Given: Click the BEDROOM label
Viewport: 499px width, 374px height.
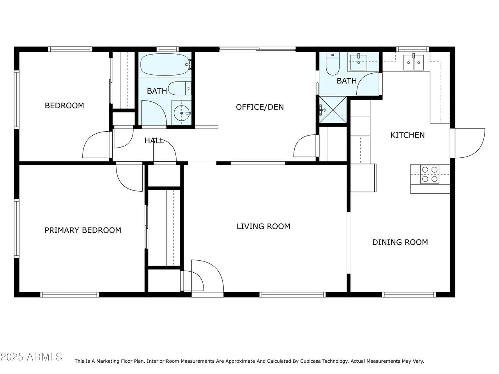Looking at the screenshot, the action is [64, 106].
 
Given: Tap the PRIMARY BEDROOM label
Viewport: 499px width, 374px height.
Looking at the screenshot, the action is [83, 230].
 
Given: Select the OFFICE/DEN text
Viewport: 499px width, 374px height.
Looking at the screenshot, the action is [260, 107].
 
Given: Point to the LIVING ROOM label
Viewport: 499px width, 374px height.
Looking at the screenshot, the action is [264, 226].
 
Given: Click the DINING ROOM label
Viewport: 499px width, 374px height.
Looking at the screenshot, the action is [400, 242].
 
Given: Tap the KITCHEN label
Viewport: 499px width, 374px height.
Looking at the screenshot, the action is [408, 135].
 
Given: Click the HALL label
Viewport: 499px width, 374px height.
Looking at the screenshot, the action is [154, 141].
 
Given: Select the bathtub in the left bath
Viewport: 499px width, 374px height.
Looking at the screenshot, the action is [165, 64].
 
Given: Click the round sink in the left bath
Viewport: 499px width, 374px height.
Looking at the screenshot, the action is [182, 113].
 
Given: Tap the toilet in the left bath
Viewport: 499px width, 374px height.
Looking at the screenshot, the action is [180, 88].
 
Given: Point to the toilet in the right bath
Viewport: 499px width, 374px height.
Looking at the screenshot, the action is [333, 64].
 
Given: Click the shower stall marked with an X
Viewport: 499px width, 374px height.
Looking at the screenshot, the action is [333, 110].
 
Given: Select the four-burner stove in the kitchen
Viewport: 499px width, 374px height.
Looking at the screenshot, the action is [430, 174].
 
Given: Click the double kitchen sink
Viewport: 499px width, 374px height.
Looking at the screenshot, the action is [414, 62].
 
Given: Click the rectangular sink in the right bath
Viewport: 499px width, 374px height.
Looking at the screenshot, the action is [359, 62].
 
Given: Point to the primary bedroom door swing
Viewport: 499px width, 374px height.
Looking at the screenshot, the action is [129, 178].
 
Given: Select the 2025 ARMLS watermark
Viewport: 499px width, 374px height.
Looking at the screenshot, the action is [31, 357].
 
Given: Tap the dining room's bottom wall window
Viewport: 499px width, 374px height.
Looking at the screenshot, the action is [409, 295].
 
